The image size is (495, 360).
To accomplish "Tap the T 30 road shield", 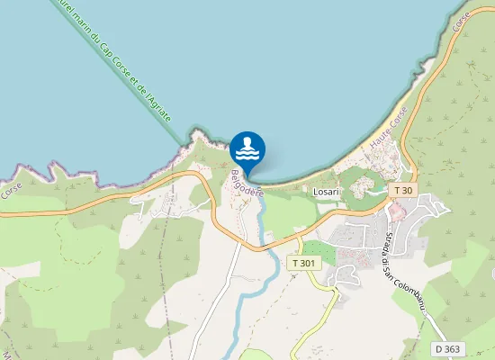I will (x=404, y=190).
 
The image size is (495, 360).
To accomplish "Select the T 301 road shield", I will (x=304, y=263).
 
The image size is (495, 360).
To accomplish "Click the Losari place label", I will (x=325, y=192).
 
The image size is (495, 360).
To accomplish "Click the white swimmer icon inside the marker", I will (x=247, y=148).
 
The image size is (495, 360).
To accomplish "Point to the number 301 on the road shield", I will (x=308, y=263).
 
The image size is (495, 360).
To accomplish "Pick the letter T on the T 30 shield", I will (x=397, y=190).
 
